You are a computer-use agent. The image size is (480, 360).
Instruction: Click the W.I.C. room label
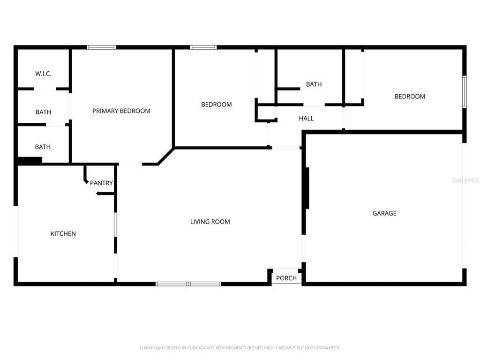pyautogui.click(x=43, y=74)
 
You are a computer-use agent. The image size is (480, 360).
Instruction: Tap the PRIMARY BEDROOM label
pyautogui.click(x=121, y=111)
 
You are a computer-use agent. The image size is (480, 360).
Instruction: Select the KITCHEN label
pyautogui.click(x=63, y=234)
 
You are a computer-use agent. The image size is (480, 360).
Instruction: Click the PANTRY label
pyautogui.click(x=101, y=183)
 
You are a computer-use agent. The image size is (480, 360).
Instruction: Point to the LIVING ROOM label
pyautogui.click(x=210, y=222)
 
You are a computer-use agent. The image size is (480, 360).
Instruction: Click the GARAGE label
pyautogui.click(x=384, y=213)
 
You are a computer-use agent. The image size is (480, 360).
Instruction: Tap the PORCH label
pyautogui.click(x=286, y=278)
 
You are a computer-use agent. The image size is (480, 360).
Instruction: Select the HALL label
pyautogui.click(x=306, y=119)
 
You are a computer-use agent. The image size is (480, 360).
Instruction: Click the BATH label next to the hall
pyautogui.click(x=314, y=84)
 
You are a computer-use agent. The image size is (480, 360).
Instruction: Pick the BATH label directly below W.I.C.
pyautogui.click(x=43, y=112)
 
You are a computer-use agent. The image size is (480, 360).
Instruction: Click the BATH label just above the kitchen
pyautogui.click(x=43, y=147)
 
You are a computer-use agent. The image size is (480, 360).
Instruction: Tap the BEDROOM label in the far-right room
pyautogui.click(x=410, y=97)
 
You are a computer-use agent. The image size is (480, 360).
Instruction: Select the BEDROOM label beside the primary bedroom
pyautogui.click(x=217, y=105)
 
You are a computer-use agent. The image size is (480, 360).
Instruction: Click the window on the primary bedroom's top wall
pyautogui.click(x=101, y=47)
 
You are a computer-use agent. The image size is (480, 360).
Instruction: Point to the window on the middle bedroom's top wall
pyautogui.click(x=203, y=47)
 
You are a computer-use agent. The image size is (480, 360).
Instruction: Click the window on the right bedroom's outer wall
pyautogui.click(x=464, y=92)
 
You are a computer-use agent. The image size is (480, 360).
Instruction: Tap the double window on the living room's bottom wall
pyautogui.click(x=188, y=284)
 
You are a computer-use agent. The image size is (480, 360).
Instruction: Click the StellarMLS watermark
pyautogui.click(x=465, y=180)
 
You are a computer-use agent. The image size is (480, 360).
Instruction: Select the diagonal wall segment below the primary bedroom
pyautogui.click(x=166, y=157)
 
